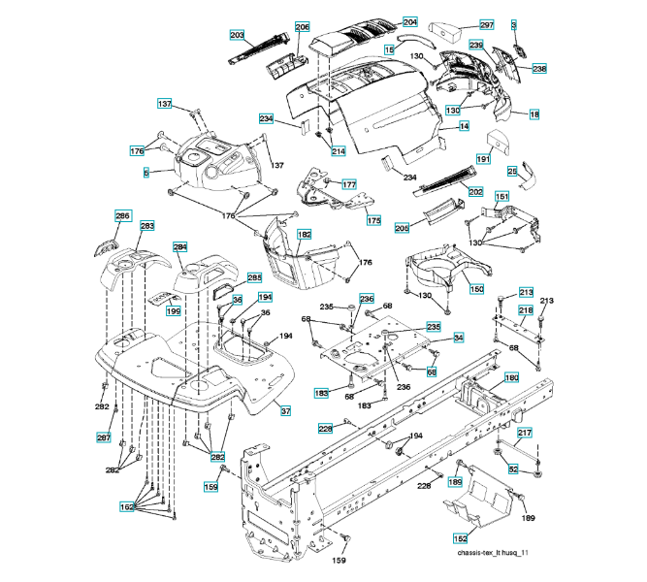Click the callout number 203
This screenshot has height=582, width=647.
point(237,35)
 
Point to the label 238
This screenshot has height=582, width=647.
point(539,69)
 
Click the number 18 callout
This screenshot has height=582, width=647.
point(534,114)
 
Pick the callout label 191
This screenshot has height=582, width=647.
point(482,159)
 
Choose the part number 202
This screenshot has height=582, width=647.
point(475,191)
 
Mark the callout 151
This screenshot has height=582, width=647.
point(502,197)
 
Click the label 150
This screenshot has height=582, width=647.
point(476,288)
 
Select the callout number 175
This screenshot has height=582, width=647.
point(373,220)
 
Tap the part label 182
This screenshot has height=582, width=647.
point(305,235)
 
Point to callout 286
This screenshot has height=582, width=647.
point(122,215)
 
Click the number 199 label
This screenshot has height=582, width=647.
point(174,311)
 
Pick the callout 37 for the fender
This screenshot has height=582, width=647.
point(285,411)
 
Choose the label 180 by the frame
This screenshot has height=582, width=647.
point(511,377)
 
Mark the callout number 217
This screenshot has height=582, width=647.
point(524,433)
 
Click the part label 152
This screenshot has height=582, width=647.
point(460,537)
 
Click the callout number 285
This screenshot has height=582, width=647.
point(254,277)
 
